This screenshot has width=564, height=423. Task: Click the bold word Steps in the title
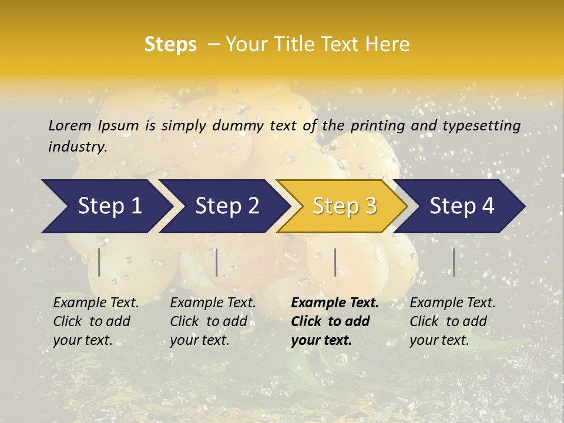[170, 45]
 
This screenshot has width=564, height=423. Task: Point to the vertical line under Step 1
[99, 262]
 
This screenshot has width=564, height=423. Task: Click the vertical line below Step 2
[217, 262]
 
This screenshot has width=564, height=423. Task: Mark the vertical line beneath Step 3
[335, 262]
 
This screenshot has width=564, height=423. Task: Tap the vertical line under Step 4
[454, 262]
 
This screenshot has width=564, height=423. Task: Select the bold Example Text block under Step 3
[335, 321]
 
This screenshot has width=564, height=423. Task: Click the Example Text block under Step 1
[96, 321]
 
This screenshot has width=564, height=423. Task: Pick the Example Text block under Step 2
[213, 321]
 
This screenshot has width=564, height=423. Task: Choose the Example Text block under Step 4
[452, 321]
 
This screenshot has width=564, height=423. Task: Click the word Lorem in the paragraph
[70, 125]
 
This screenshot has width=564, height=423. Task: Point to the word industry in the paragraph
[78, 147]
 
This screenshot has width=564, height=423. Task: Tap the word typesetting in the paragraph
[481, 126]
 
